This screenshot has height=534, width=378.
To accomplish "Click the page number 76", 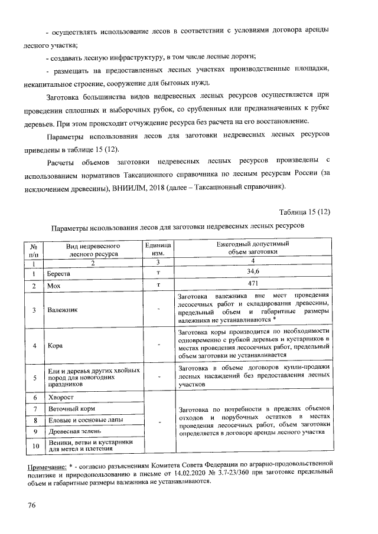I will point(32,506).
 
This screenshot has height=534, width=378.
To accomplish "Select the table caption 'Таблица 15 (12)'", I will point(305,212).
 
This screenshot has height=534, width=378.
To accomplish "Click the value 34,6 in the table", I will point(253,272).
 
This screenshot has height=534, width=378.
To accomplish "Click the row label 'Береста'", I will point(60,274).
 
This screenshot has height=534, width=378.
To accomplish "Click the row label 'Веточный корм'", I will point(71,408).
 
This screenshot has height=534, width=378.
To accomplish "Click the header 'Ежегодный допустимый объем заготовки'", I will point(253,248).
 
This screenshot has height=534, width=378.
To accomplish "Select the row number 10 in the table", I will point(35,446).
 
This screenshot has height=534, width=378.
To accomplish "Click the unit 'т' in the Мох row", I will point(159,285).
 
